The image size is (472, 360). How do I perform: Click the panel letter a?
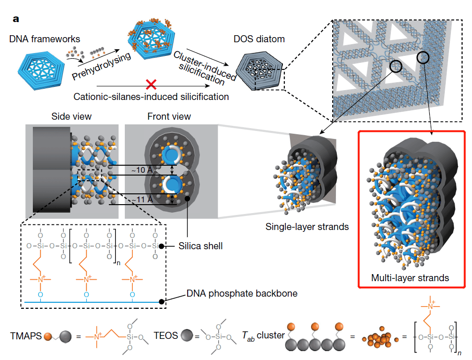[16, 19]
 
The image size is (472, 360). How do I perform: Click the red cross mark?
[151, 84]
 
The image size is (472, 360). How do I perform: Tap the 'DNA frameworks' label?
[45, 39]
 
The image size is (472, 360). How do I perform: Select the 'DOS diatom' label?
[259, 39]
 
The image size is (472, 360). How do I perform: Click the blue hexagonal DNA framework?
[41, 70]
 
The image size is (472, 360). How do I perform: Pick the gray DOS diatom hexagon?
[259, 70]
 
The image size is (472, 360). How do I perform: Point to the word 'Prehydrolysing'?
[101, 66]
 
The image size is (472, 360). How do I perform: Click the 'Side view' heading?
[71, 116]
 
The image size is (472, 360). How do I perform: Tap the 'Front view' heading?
[169, 116]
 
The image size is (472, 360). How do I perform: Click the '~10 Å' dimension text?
[142, 170]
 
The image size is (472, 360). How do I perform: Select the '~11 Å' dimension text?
[142, 199]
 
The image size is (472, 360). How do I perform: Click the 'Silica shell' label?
[200, 246]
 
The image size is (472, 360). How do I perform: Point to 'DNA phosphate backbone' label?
[242, 293]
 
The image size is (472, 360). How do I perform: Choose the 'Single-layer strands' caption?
[307, 227]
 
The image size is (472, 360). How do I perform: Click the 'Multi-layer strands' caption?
[410, 278]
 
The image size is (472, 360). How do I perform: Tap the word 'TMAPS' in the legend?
[26, 336]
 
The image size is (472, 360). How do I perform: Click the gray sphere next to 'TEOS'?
[187, 336]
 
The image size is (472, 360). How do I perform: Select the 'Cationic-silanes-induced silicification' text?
[151, 97]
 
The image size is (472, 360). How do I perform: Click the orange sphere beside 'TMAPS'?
[48, 336]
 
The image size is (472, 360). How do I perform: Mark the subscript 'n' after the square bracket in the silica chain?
[118, 263]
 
